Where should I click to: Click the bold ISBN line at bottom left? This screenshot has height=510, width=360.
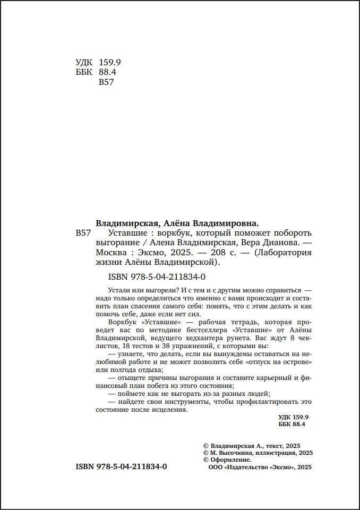122,467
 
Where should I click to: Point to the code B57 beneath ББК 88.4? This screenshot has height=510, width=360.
107,82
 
